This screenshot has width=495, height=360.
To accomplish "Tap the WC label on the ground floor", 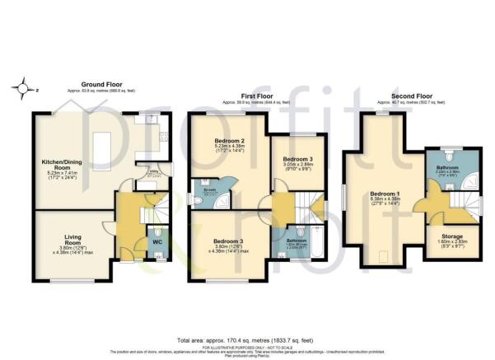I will click(156, 242).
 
